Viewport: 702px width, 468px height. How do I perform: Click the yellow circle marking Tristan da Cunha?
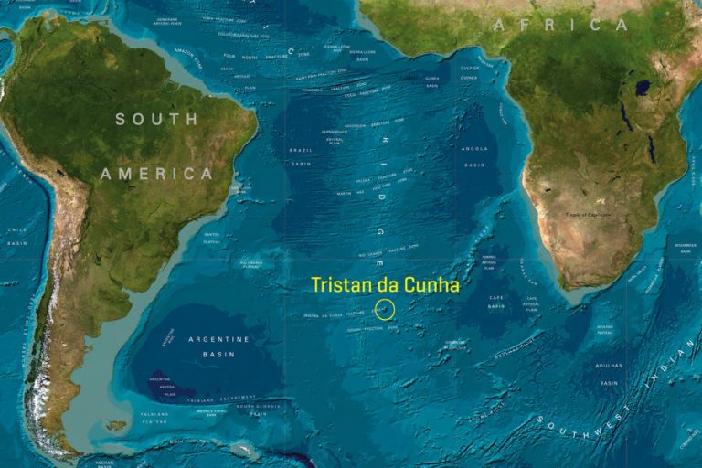tap(385, 309)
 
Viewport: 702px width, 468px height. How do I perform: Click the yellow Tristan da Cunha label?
tap(385, 285)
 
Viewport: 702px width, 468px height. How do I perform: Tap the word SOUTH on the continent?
tap(156, 119)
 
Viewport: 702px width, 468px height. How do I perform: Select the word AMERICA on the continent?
tap(156, 174)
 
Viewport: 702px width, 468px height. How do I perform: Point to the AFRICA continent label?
tap(560, 25)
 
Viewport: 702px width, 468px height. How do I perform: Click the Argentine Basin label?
tap(218, 346)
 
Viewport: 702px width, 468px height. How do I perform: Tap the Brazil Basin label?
tap(301, 156)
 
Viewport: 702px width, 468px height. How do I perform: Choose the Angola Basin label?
tap(474, 156)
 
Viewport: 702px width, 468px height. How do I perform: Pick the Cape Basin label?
tap(496, 302)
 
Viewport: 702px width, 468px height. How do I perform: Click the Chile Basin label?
tap(17, 237)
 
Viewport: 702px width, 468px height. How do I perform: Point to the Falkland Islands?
tap(116, 425)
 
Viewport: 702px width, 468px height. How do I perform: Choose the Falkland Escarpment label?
tap(224, 399)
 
